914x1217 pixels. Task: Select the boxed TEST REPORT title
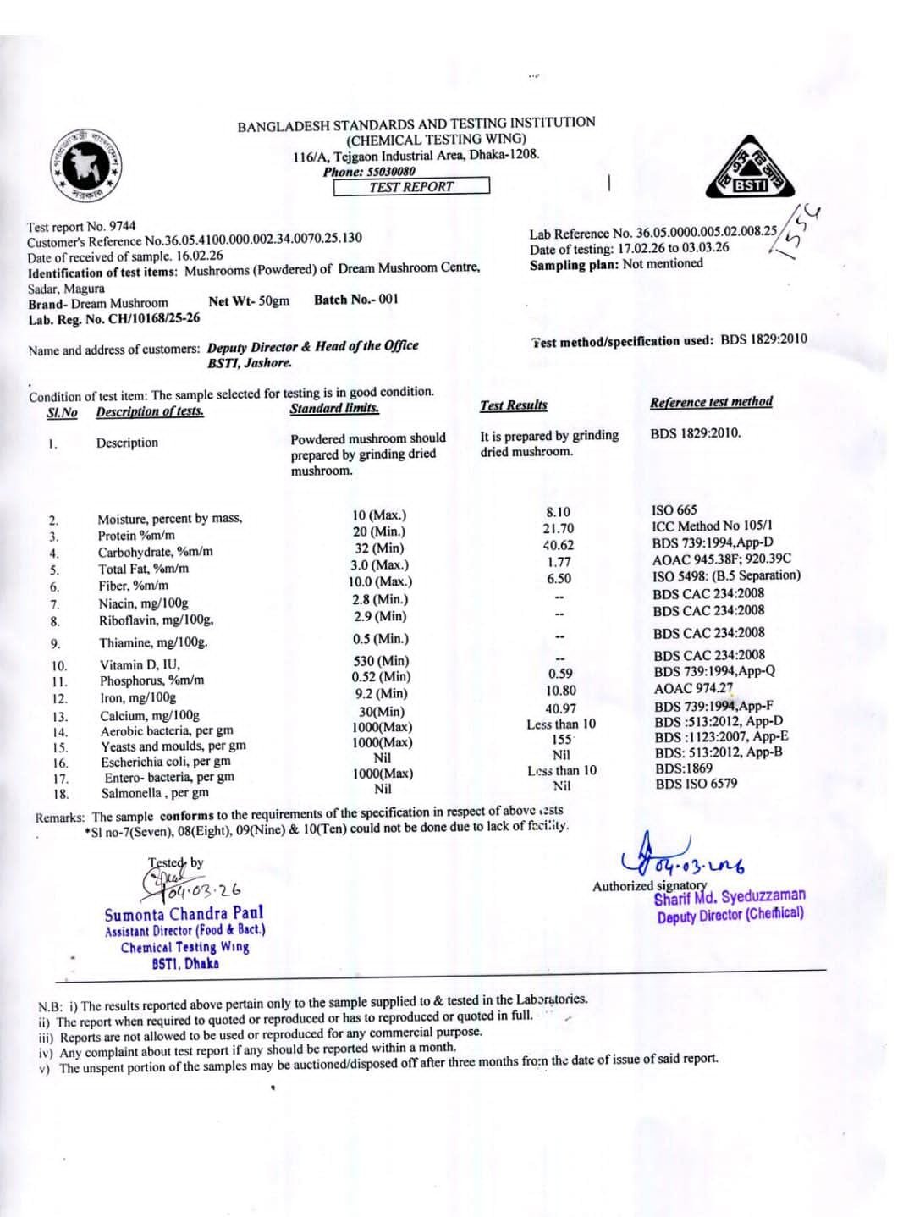coord(411,186)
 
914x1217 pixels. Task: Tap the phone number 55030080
coord(390,171)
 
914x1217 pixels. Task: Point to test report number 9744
coord(122,226)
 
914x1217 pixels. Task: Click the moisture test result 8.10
coord(558,512)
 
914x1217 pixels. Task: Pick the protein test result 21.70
coord(558,528)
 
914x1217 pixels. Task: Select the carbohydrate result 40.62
coord(558,545)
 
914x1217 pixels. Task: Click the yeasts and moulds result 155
coord(561,739)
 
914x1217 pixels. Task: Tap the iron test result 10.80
coord(560,691)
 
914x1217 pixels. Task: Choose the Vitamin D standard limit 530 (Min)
coord(381,660)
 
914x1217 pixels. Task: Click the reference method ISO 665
coord(674,509)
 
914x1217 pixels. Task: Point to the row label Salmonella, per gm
coord(155,793)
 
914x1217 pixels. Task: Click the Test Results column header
coord(513,405)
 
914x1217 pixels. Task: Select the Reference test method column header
coord(711,402)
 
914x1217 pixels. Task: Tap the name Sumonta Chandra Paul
coord(184,914)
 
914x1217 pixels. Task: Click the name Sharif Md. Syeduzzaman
coord(730,896)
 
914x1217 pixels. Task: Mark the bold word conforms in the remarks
coord(187,816)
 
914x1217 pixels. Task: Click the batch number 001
coord(388,299)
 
